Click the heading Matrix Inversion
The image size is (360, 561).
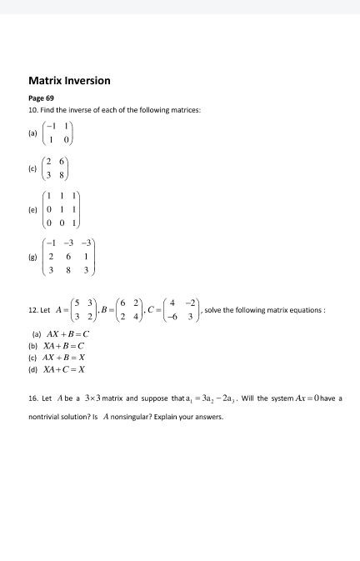69,81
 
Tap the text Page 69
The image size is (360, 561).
41,98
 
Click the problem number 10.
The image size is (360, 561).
32,111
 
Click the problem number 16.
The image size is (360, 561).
32,398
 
